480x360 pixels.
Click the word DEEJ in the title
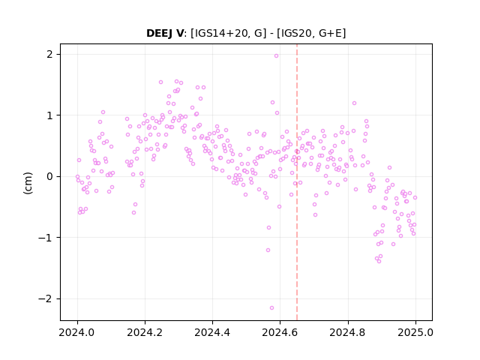[160, 33]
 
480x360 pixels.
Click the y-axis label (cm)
[28, 183]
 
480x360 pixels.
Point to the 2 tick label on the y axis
[49, 55]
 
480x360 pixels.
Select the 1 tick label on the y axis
[49, 115]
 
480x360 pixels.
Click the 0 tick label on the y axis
[49, 177]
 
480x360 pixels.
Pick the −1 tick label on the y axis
[45, 238]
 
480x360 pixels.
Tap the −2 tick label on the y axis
[45, 298]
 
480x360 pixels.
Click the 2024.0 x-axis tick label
[77, 332]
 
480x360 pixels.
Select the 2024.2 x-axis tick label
[145, 332]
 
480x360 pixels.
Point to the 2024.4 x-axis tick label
[212, 332]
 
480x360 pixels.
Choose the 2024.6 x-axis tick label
[280, 332]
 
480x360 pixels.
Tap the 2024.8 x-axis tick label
[348, 332]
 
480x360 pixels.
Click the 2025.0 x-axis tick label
[415, 332]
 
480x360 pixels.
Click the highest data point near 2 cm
[277, 56]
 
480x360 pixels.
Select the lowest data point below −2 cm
[271, 308]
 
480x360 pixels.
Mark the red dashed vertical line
[297, 182]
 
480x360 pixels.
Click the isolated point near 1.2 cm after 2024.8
[355, 103]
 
